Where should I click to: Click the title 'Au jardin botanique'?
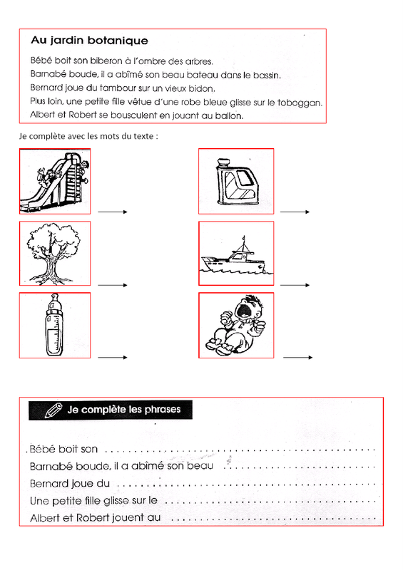[90, 41]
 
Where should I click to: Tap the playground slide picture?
[55, 181]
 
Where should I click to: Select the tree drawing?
[53, 254]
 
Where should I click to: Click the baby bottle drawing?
[55, 325]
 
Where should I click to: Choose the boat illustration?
[236, 256]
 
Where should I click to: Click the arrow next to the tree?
[113, 285]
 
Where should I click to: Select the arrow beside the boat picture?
[295, 285]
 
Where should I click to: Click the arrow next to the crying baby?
[297, 358]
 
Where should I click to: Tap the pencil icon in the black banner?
[53, 410]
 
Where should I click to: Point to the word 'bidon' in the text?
[202, 88]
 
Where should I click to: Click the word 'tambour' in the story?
[118, 88]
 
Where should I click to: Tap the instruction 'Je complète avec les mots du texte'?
[88, 136]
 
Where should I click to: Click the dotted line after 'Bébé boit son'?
[240, 451]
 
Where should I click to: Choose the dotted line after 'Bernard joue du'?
[247, 485]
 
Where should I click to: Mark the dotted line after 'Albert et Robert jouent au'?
[273, 519]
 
